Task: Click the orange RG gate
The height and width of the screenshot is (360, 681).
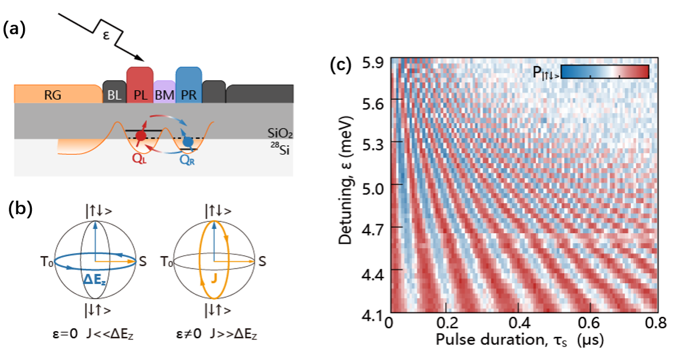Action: pos(56,93)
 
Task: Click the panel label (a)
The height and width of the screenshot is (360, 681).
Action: pos(14,30)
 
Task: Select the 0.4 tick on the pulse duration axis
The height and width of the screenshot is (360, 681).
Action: pos(518,324)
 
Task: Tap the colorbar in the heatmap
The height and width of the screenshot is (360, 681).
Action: pos(604,72)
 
